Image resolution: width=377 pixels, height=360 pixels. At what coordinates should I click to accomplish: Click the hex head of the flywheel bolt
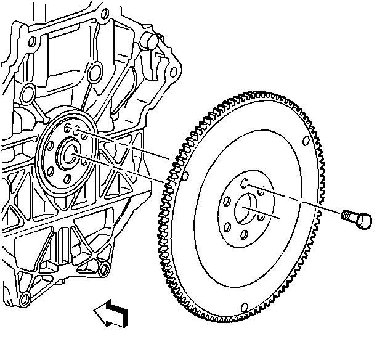pos(364,219)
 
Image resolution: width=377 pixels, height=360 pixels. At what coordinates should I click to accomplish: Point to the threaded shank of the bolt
pos(348,215)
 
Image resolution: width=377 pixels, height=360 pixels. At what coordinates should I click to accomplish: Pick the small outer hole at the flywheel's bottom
pos(245,306)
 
